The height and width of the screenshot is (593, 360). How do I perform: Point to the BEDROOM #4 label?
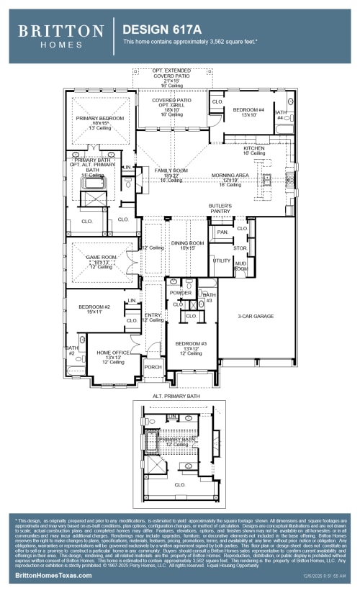(248, 110)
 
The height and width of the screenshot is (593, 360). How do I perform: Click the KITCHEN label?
(254, 148)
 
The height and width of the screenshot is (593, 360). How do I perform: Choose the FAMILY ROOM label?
(171, 171)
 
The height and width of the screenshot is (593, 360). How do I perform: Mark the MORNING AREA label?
(230, 176)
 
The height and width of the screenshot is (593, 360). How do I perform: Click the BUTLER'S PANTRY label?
(220, 209)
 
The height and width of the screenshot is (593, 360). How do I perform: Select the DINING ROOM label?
(187, 243)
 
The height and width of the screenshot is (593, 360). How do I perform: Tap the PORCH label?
(153, 367)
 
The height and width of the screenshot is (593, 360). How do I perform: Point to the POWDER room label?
(180, 293)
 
